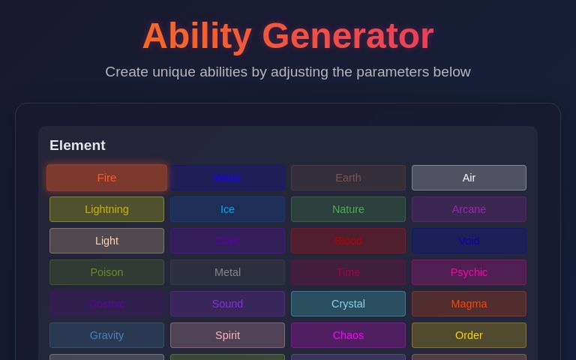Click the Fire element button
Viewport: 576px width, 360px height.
tap(106, 178)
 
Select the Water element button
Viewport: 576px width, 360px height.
tap(227, 178)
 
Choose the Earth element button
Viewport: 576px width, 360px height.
tap(348, 178)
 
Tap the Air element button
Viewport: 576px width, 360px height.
tap(469, 178)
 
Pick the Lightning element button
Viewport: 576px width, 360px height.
tap(106, 209)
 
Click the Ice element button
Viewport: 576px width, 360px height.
tap(227, 209)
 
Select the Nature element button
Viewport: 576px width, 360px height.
tap(348, 209)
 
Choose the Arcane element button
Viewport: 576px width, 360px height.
tap(469, 209)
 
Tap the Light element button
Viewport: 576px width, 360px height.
tap(106, 241)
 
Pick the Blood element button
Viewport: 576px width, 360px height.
tap(348, 241)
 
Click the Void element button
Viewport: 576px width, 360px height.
tap(469, 241)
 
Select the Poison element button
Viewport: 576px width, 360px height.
tap(106, 272)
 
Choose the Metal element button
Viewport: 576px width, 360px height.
tap(227, 272)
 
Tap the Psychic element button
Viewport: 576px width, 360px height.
tap(469, 272)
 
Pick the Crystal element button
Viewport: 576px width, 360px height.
tap(348, 304)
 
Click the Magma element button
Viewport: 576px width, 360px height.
tap(469, 304)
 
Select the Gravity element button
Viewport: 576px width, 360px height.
tap(106, 335)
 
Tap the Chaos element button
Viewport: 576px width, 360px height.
tap(348, 335)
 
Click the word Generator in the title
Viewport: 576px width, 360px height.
tap(347, 36)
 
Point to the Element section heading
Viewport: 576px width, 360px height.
tap(77, 145)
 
